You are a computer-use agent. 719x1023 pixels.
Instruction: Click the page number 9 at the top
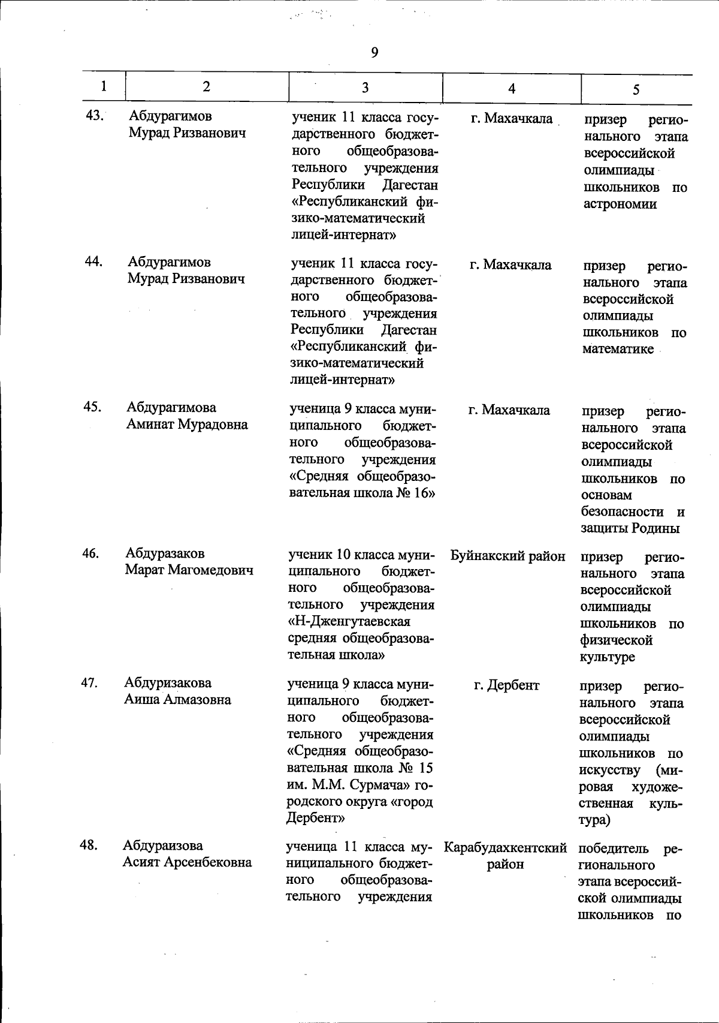[x=374, y=53]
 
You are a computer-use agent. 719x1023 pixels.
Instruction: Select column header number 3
[x=365, y=88]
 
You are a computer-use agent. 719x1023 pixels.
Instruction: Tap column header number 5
[x=636, y=89]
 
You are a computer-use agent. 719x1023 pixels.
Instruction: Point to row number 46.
[x=91, y=553]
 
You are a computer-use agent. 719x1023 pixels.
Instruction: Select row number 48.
[x=89, y=845]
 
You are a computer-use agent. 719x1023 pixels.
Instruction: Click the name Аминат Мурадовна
[x=187, y=425]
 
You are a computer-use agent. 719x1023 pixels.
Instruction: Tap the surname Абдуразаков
[x=165, y=553]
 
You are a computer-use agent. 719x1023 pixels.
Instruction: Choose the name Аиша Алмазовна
[x=178, y=699]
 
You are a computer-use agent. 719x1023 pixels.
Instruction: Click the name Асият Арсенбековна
[x=187, y=862]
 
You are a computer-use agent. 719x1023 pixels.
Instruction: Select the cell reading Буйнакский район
[x=508, y=556]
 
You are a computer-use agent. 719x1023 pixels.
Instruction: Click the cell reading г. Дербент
[x=507, y=685]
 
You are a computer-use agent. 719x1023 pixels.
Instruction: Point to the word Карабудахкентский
[x=506, y=848]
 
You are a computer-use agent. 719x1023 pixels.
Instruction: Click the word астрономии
[x=620, y=204]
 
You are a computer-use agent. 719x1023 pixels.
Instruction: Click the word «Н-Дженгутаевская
[x=349, y=621]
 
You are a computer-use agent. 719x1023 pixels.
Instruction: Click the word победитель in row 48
[x=614, y=849]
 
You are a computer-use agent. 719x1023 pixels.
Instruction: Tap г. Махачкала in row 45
[x=509, y=411]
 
